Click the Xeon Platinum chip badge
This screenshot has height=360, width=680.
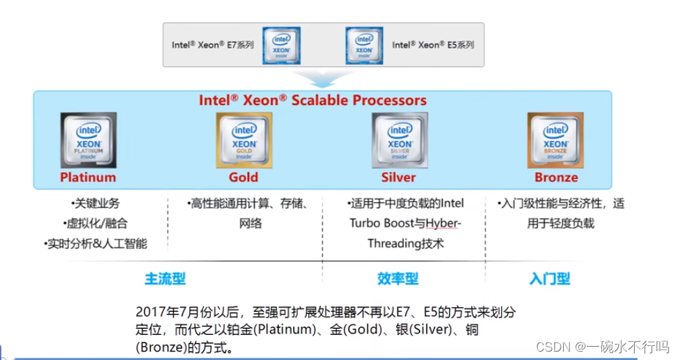coord(88,139)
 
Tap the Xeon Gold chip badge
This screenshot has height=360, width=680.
coord(243,139)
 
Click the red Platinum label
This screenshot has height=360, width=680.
coord(88,177)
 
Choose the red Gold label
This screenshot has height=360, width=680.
coord(243,177)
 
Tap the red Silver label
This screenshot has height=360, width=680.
coord(399,177)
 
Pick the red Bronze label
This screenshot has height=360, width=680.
coord(556,177)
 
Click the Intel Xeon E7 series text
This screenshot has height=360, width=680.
coord(212,45)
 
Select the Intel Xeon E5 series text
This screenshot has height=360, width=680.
coord(432,45)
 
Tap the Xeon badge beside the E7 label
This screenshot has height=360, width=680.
coord(281,45)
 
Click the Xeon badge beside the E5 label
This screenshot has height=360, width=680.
coord(364,45)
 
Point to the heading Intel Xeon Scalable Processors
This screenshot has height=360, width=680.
coord(313,100)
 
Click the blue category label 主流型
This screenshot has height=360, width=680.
coord(165,279)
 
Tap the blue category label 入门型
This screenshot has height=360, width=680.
coord(549,279)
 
